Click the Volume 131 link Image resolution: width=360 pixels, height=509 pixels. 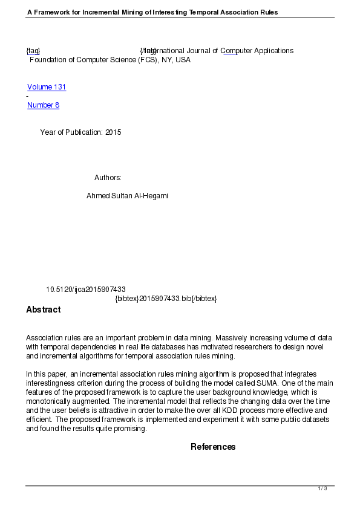pos(47,87)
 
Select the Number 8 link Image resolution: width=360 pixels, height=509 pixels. pos(43,105)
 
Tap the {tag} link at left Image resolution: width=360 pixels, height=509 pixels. pos(33,51)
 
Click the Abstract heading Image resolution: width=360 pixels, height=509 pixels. pos(43,310)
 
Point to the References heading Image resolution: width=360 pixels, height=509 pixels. pos(213,447)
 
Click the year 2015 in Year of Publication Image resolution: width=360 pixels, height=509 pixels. pos(113,132)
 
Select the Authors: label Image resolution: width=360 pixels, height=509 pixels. pos(108,178)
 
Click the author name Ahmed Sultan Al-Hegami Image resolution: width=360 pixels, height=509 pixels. pos(127,196)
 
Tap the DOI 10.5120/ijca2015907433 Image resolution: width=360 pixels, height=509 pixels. pos(86,290)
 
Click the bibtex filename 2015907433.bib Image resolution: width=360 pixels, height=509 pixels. pos(165,299)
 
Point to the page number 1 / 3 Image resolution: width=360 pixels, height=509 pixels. pos(322,488)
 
